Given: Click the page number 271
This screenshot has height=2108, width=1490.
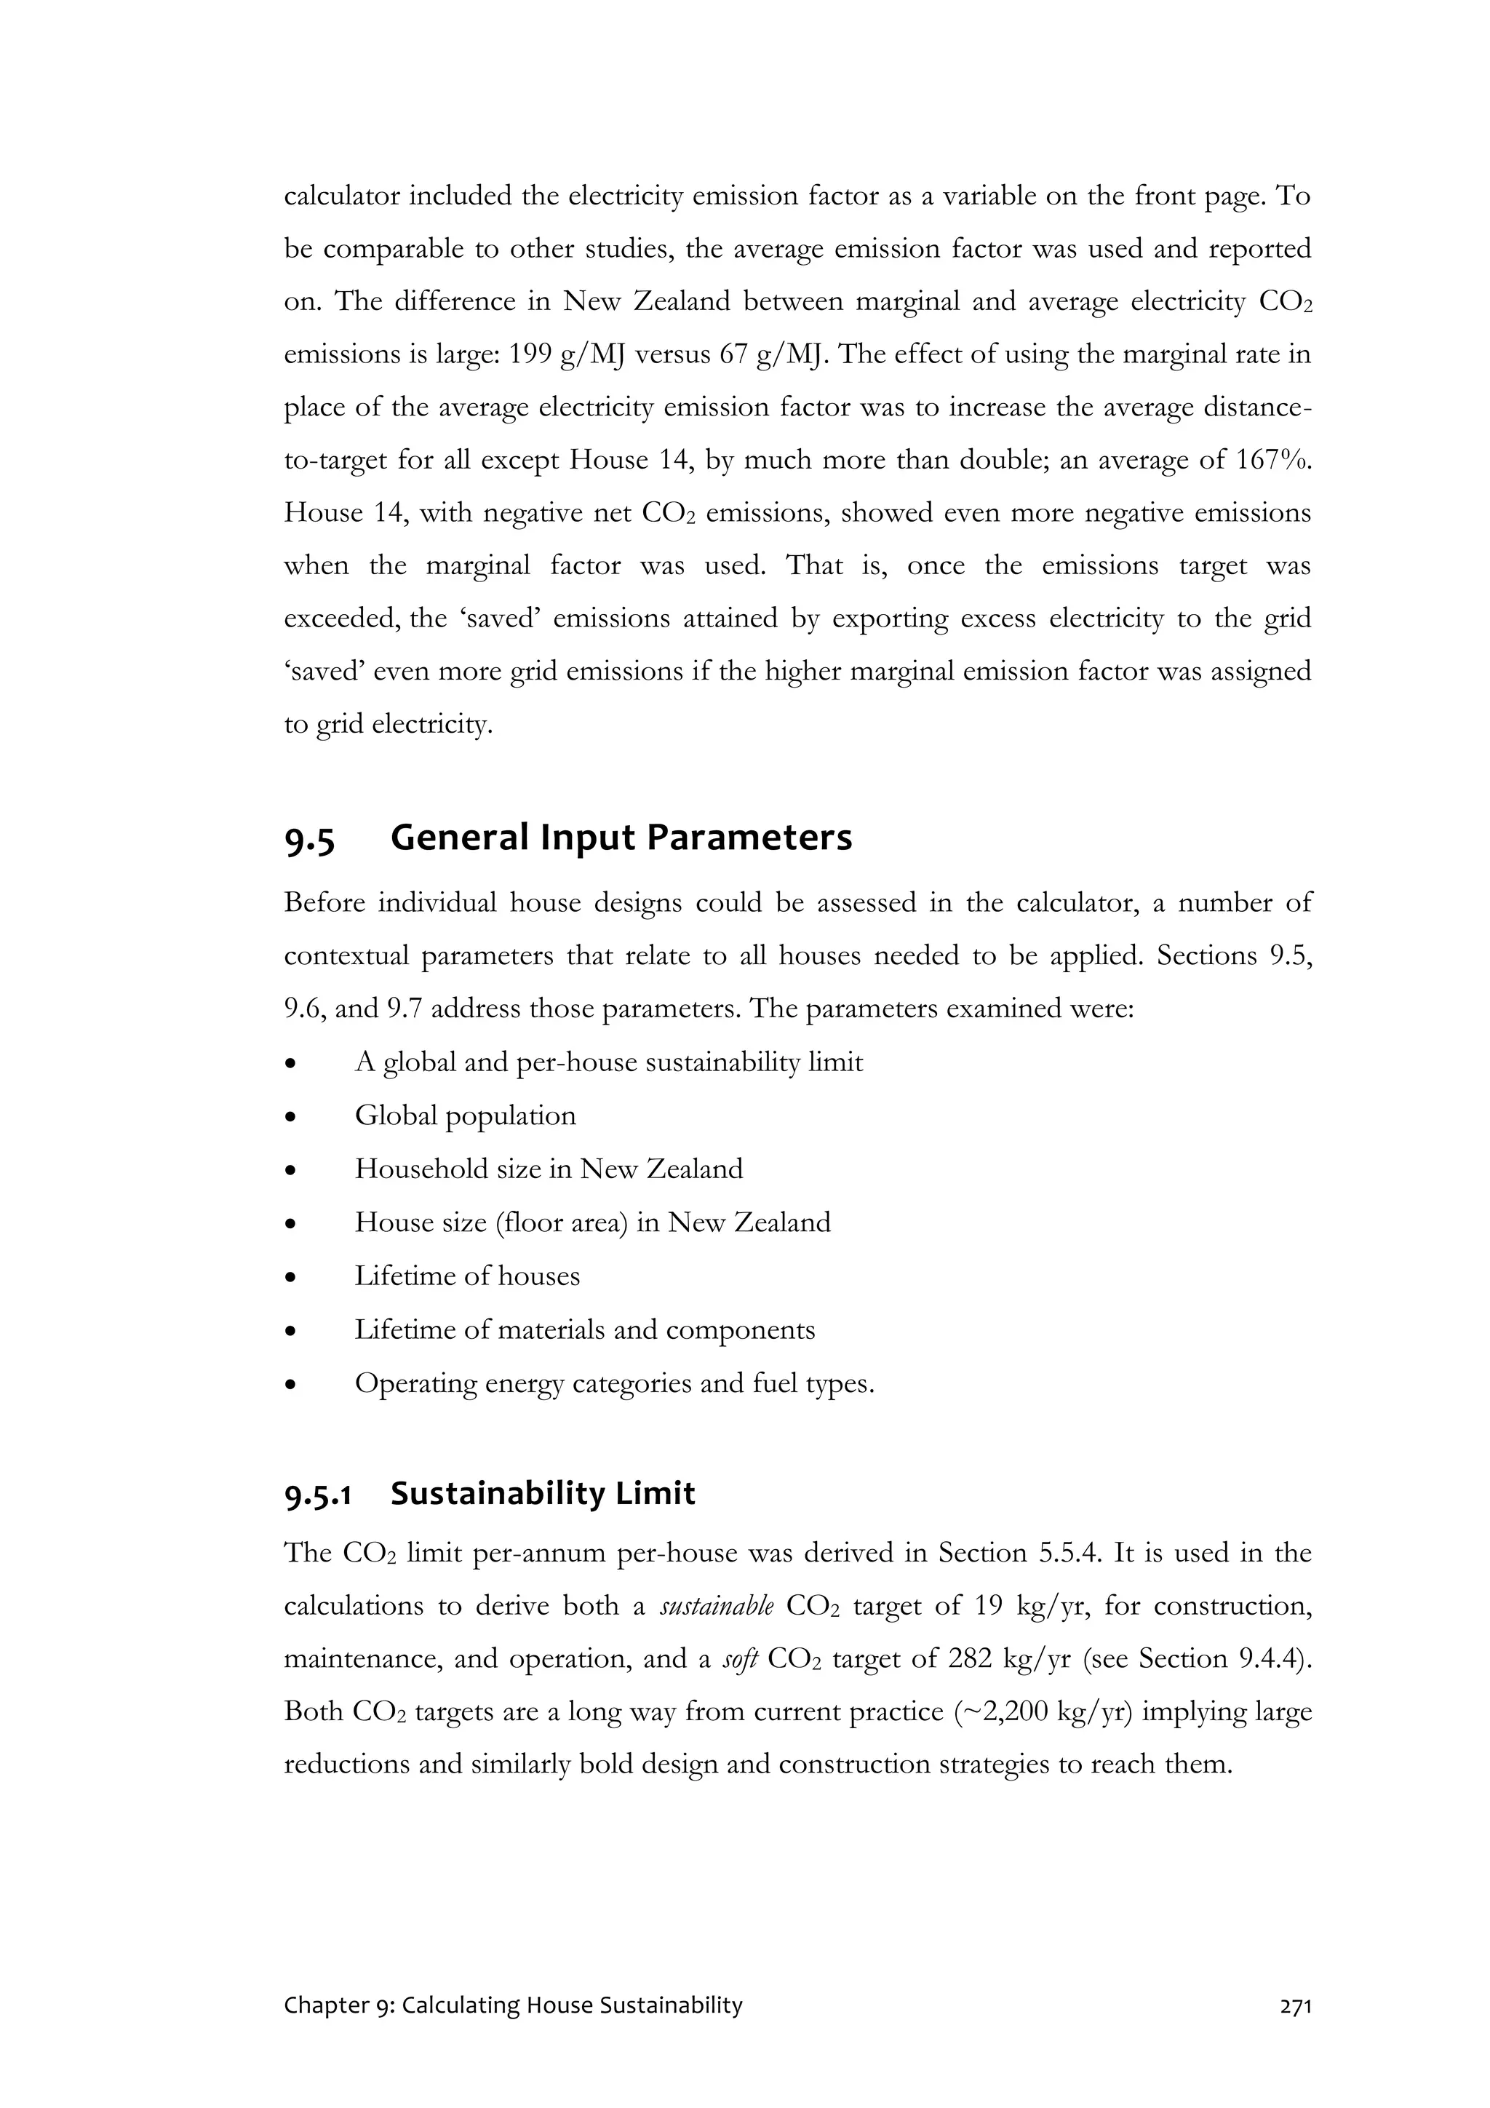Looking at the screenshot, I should pyautogui.click(x=1294, y=2006).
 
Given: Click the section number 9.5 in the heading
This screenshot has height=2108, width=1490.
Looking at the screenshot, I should pyautogui.click(x=309, y=838).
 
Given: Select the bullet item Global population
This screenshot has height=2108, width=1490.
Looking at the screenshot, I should pyautogui.click(x=466, y=1115).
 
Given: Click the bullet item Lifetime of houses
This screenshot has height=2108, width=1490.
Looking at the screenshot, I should pyautogui.click(x=467, y=1276).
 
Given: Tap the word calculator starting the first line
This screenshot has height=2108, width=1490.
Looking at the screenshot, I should pyautogui.click(x=341, y=196).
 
